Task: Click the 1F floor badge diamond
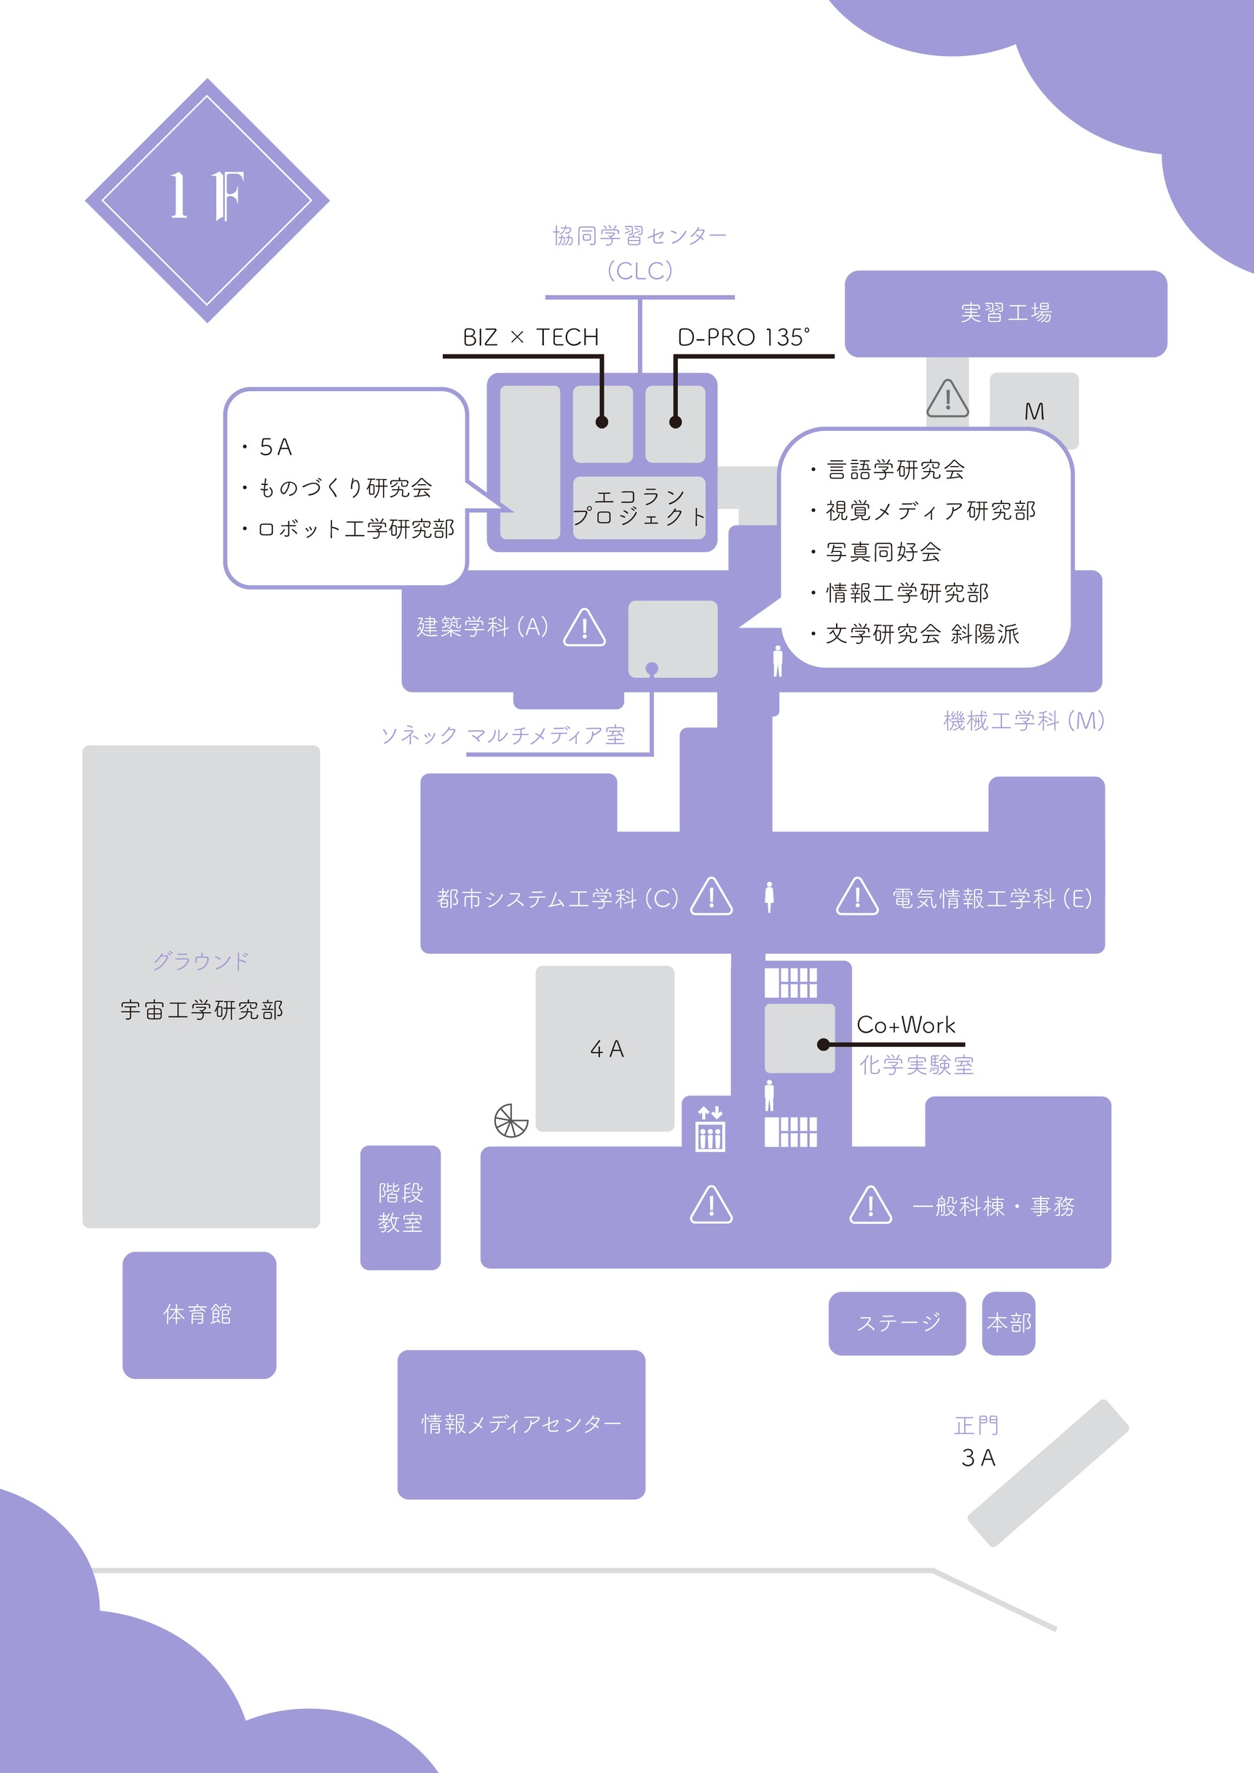[x=207, y=200]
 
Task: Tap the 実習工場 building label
[x=1006, y=313]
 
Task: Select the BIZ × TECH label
[x=530, y=337]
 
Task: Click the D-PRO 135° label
[x=744, y=337]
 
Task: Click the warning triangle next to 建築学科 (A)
[x=585, y=628]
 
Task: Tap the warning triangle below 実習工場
[x=947, y=398]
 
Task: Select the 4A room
[x=605, y=1049]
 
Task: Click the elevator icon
[x=709, y=1129]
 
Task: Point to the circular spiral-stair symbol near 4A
[x=511, y=1121]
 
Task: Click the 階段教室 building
[x=400, y=1208]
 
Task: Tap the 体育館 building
[x=199, y=1314]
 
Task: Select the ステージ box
[x=897, y=1323]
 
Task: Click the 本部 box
[x=1009, y=1323]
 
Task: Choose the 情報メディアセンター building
[x=521, y=1424]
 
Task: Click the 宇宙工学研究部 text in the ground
[x=202, y=1010]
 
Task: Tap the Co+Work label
[x=906, y=1024]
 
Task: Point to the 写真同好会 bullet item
[x=883, y=552]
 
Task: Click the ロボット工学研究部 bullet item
[x=356, y=529]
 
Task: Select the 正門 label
[x=977, y=1426]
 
